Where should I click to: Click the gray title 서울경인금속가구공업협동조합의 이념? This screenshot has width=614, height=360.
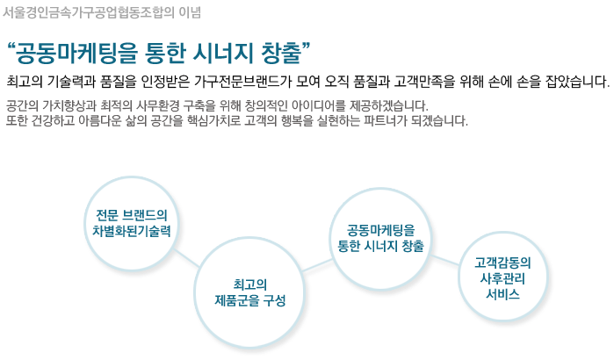point(102,12)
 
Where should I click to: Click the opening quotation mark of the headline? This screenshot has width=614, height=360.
point(11,47)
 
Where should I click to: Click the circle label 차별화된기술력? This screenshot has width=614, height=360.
point(132,231)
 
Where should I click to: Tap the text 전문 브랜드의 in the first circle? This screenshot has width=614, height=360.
point(132,215)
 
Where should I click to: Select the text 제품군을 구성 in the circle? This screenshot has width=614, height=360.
point(249,300)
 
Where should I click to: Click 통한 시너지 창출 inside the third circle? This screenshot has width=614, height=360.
point(380,246)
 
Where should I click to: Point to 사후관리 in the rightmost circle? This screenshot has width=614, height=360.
point(502,278)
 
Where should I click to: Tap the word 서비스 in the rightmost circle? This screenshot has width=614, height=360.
point(502,294)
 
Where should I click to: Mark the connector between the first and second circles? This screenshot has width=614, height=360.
point(187,259)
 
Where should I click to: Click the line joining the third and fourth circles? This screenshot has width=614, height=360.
point(444,260)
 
